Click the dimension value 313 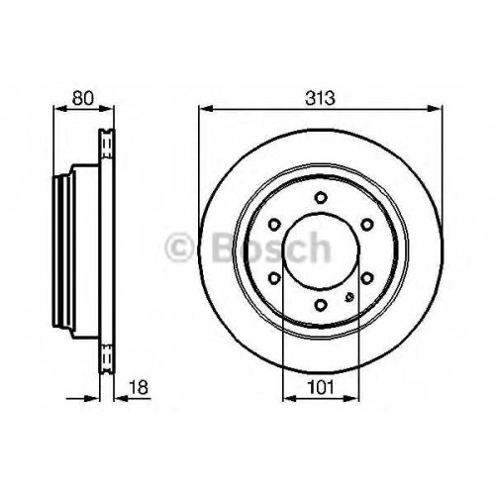[320, 98]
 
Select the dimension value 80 [83, 98]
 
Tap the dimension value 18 [139, 387]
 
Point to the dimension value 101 [321, 387]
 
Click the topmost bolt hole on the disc [320, 198]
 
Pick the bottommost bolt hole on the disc [320, 305]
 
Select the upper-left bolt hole [273, 225]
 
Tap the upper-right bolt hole [366, 225]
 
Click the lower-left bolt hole [273, 278]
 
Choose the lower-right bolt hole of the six [366, 278]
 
